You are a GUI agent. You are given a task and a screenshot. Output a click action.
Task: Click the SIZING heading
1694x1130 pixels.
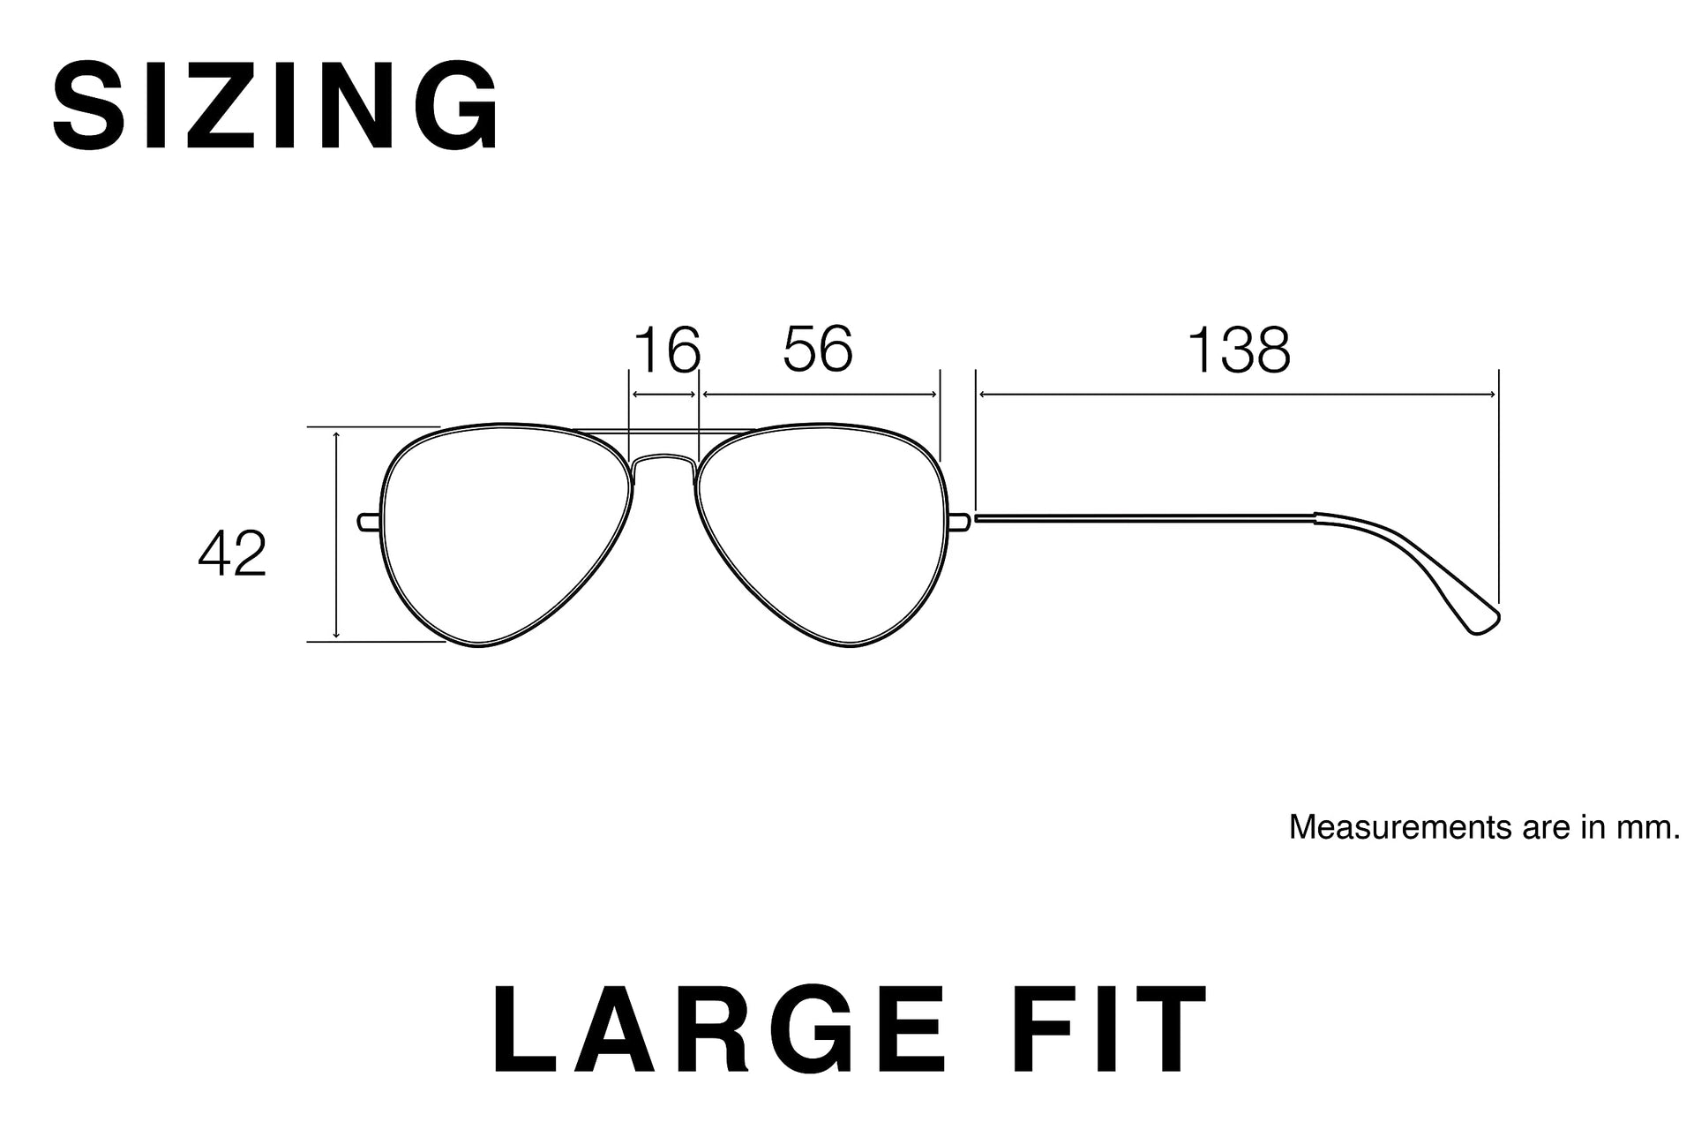coord(277,106)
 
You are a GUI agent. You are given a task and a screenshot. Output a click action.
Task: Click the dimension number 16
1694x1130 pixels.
coord(667,350)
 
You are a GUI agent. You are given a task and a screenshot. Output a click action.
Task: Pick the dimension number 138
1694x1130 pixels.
coord(1239,350)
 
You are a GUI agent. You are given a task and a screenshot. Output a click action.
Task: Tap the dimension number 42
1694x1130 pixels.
coord(232,555)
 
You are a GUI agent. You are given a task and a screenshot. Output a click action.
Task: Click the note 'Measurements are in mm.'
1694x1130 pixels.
coord(1485,827)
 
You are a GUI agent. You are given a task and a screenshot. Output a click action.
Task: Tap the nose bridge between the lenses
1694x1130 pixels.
coord(664,458)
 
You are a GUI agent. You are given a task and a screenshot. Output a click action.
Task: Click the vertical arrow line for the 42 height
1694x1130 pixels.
coord(337,535)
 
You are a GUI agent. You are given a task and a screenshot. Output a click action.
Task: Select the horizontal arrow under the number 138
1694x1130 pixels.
coord(1238,395)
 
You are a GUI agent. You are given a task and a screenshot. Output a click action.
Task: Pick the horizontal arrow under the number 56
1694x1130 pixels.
coord(820,395)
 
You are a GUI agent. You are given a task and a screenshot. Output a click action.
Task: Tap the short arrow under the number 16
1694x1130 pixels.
coord(664,395)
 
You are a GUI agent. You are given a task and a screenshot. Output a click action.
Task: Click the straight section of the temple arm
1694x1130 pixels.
coord(1144,518)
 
